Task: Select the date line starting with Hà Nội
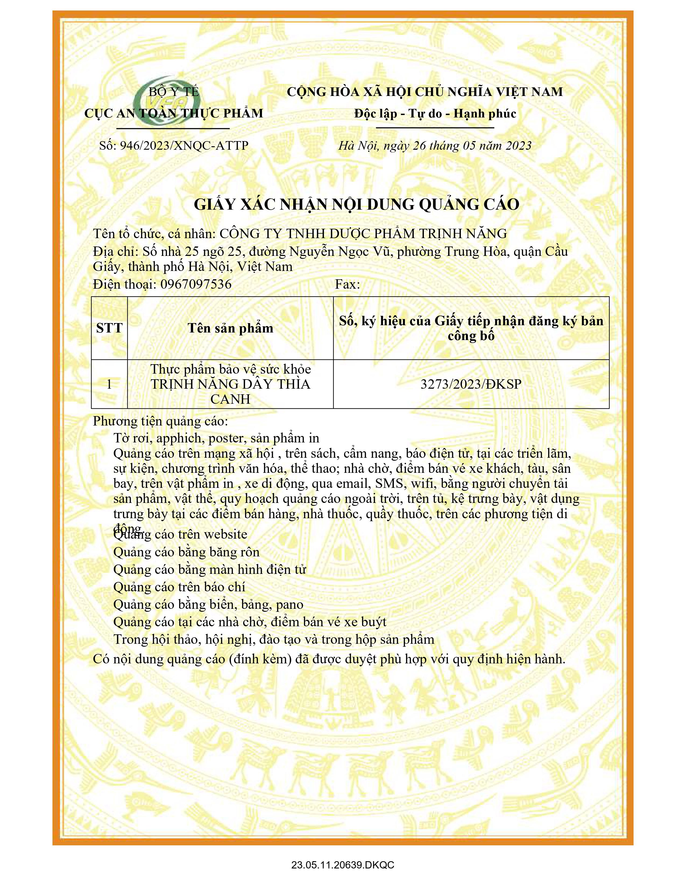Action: [x=435, y=146]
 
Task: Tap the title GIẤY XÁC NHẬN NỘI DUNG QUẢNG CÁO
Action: [x=356, y=204]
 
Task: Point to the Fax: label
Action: [x=348, y=284]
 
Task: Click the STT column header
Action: [x=109, y=328]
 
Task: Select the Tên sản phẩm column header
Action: [x=231, y=328]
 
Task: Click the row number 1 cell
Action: [x=109, y=384]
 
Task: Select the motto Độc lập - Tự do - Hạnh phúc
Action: [x=435, y=113]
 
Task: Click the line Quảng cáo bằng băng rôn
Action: [x=186, y=552]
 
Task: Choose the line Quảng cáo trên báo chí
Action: [x=179, y=587]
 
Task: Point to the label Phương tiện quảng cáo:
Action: [x=161, y=421]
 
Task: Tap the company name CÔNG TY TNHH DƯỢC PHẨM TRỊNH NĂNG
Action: [x=363, y=234]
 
